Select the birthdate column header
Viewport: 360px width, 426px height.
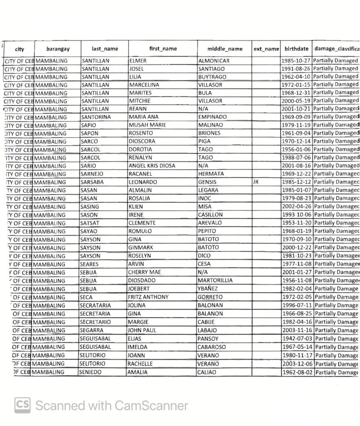pyautogui.click(x=297, y=49)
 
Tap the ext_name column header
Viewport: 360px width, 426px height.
pyautogui.click(x=266, y=49)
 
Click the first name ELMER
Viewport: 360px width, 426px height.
pyautogui.click(x=138, y=61)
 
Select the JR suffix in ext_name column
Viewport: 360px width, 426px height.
pyautogui.click(x=256, y=182)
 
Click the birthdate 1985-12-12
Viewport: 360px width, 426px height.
pyautogui.click(x=297, y=182)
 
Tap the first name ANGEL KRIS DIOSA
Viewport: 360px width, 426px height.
pyautogui.click(x=152, y=166)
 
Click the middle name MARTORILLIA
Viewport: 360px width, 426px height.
pyautogui.click(x=215, y=280)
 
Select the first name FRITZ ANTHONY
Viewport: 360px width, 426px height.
pyautogui.click(x=148, y=297)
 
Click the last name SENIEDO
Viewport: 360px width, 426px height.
pyautogui.click(x=90, y=372)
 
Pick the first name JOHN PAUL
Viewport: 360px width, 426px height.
pyautogui.click(x=142, y=330)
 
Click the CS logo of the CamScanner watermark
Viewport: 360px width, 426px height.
pyautogui.click(x=22, y=405)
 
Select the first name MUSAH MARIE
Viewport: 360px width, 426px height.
pyautogui.click(x=147, y=125)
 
